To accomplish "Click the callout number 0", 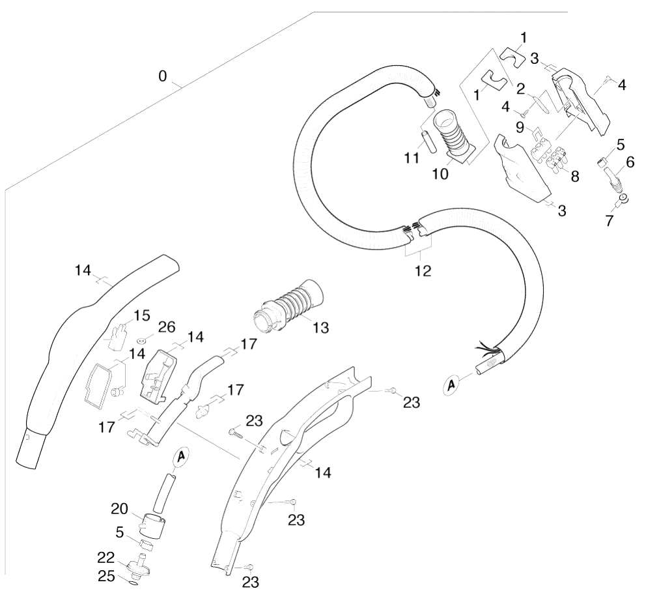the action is pyautogui.click(x=163, y=76).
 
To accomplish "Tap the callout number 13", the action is pyautogui.click(x=320, y=328).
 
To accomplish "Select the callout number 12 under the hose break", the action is pyautogui.click(x=423, y=271).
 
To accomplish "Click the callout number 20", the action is pyautogui.click(x=120, y=510).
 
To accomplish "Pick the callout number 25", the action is pyautogui.click(x=106, y=576).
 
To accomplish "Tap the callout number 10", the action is pyautogui.click(x=440, y=174).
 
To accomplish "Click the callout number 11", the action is pyautogui.click(x=411, y=158).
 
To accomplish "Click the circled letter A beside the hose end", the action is pyautogui.click(x=452, y=384).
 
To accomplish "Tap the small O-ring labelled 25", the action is pyautogui.click(x=132, y=583).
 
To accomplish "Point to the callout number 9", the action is pyautogui.click(x=520, y=127).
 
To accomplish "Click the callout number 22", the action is pyautogui.click(x=106, y=558).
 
